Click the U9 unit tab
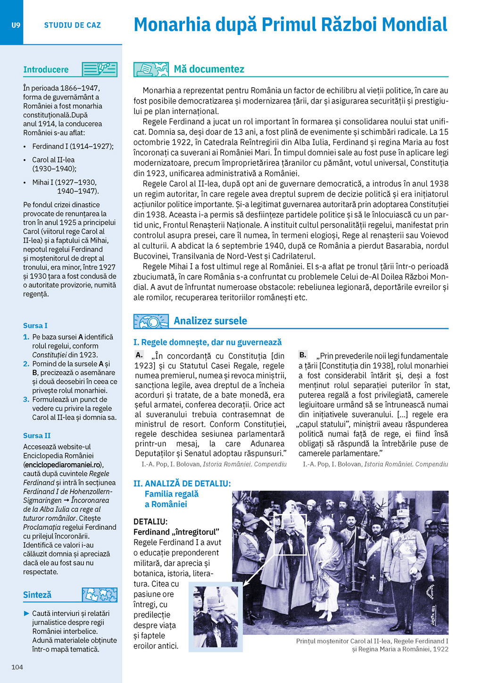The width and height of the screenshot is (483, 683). coord(16,25)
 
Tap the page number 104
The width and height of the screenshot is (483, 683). coord(17,666)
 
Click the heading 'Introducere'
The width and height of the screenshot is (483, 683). coord(46,70)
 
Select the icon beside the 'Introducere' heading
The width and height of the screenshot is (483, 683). coord(100,69)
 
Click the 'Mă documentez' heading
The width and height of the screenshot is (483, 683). coord(209,69)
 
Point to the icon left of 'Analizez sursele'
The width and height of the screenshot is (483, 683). coord(151,321)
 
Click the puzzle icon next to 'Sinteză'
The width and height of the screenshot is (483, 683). coord(100,594)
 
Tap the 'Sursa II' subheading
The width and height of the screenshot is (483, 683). coord(37,435)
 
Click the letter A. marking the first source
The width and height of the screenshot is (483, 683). coord(139,355)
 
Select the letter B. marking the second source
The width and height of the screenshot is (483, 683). coord(303,355)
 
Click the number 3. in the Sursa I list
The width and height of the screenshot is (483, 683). coord(26,400)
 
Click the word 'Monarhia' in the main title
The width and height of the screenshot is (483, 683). coord(172,25)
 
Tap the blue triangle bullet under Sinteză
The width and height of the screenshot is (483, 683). coord(26,613)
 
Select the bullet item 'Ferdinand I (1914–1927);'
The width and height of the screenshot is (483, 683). coord(73,146)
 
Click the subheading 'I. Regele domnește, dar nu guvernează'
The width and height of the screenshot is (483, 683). coord(208,342)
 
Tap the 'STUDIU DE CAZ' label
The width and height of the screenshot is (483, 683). coord(73,25)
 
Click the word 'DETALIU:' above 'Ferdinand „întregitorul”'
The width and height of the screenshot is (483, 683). coord(150,522)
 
